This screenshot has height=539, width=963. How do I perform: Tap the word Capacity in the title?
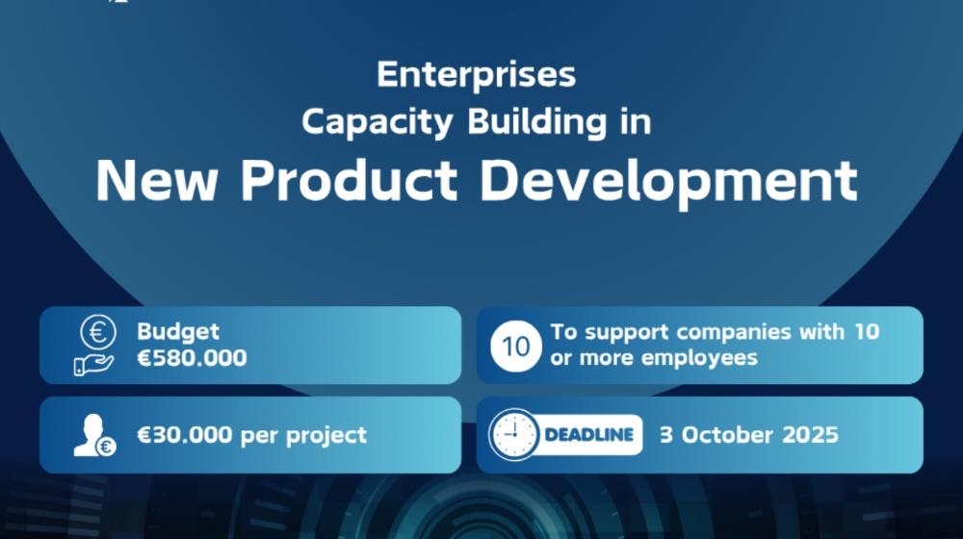[377, 122]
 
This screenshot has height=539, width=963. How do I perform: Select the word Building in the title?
[537, 122]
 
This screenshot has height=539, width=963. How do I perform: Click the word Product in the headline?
[349, 181]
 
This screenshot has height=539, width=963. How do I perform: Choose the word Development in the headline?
[668, 182]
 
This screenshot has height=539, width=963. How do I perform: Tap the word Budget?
[178, 332]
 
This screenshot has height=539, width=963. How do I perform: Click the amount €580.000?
[192, 357]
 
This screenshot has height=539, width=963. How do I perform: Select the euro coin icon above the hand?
[98, 331]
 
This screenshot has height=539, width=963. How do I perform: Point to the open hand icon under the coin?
[93, 365]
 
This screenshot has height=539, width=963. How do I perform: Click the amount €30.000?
[185, 435]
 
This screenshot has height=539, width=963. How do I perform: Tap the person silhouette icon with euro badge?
[94, 435]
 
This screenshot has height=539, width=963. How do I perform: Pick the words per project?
[303, 436]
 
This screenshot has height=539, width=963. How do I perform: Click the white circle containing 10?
[516, 346]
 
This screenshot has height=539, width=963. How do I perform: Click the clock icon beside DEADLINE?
[514, 435]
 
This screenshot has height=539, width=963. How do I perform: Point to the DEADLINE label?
[589, 435]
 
